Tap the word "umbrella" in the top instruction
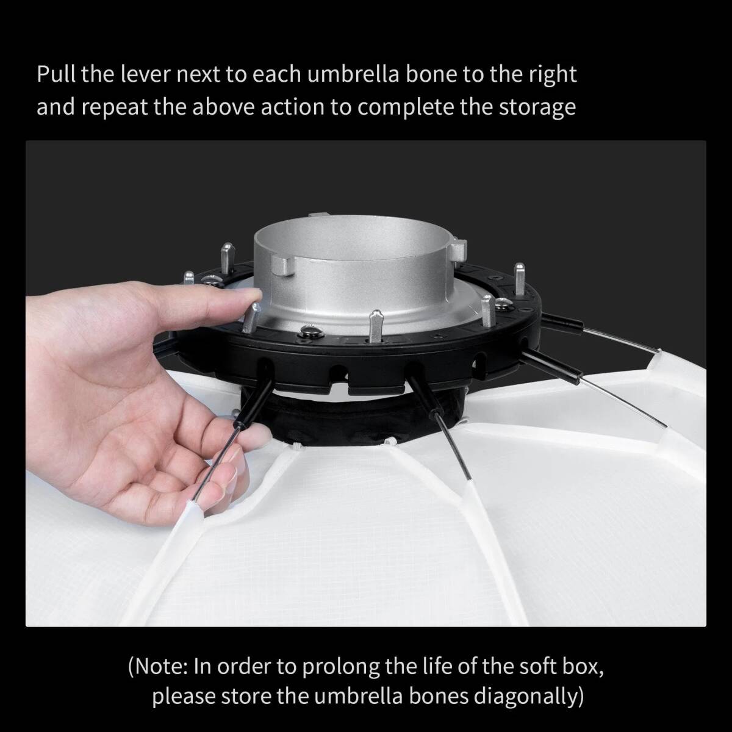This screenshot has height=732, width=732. point(353,74)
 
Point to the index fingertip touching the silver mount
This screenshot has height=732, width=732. point(251,295)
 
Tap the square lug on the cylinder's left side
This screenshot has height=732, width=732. point(284,265)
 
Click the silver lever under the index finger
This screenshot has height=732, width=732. point(251,317)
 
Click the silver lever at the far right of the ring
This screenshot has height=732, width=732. point(519,279)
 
